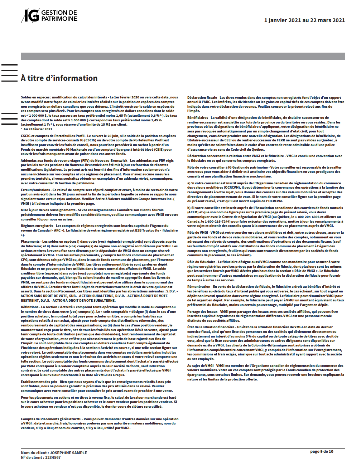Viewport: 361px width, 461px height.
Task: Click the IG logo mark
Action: pos(30,15)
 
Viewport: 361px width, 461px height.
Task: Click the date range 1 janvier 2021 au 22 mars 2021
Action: pos(304,20)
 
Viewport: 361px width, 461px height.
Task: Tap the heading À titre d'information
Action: pos(59,78)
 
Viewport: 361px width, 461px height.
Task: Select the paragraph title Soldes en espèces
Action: pos(36,97)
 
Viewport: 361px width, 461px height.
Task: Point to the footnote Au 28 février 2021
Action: pos(38,129)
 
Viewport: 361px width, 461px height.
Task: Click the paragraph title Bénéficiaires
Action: pos(197,117)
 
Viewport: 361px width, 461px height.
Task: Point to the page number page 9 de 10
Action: pos(322,451)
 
